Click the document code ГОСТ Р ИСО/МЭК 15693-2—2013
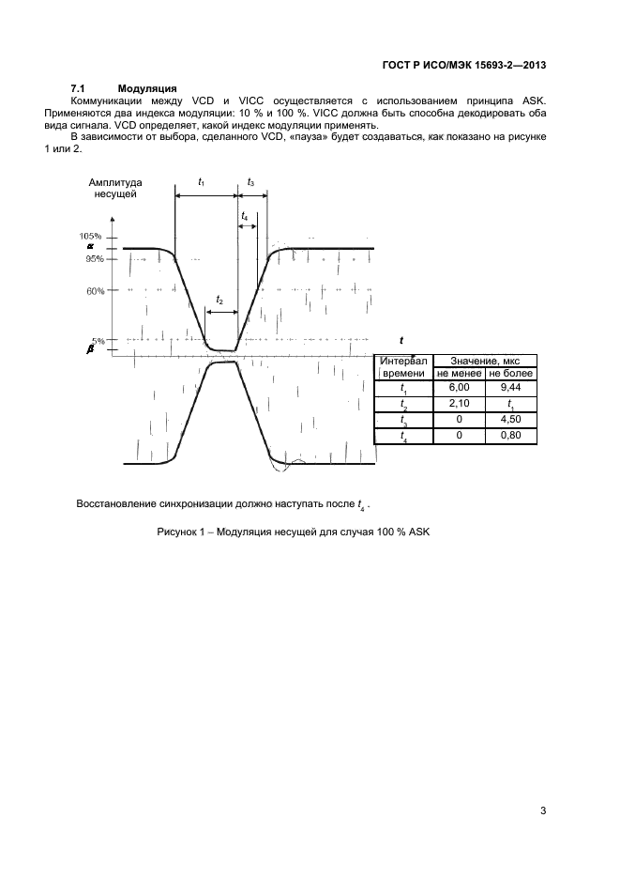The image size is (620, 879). coord(465,65)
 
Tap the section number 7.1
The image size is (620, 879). coord(79,87)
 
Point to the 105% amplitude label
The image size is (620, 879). coord(90,236)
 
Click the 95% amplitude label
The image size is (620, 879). coord(93,258)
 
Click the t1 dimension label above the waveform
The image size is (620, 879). coord(203,180)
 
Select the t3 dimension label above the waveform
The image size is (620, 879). coord(250,180)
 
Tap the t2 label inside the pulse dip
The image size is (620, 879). coord(219,301)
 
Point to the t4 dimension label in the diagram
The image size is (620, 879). coord(246,216)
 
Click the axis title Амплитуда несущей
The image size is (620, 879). coord(114,187)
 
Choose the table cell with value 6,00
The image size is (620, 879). coord(459,388)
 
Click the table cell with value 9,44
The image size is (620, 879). coord(510,388)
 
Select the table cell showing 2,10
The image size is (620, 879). coord(459,404)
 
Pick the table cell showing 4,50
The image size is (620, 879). coord(510,420)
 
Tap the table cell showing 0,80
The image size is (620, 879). coord(510,436)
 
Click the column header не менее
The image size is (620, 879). coord(459,373)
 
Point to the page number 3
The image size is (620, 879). coord(543,810)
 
